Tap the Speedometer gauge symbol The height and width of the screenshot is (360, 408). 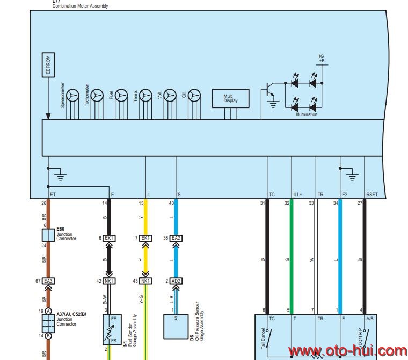73,96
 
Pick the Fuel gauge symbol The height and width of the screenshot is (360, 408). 121,96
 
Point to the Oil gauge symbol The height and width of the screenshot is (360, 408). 194,96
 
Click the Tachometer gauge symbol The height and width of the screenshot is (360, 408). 97,96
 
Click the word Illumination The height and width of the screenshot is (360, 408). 307,114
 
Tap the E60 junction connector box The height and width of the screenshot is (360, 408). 48,235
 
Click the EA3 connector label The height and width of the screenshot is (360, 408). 48,280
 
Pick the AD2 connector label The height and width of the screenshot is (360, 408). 176,280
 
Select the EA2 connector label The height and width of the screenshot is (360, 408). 176,238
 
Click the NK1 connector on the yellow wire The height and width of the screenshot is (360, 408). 145,280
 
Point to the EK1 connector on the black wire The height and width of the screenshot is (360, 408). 109,238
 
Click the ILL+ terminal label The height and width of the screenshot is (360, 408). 297,195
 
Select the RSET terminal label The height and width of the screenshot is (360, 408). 371,195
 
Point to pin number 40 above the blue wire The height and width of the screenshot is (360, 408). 171,203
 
